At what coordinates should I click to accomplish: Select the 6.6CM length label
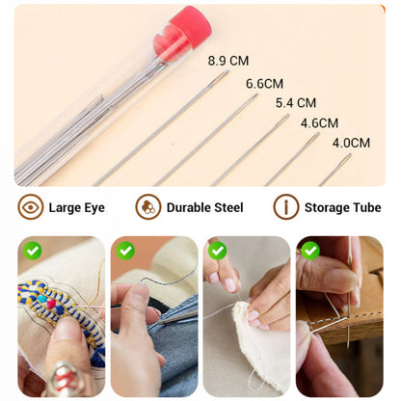264,84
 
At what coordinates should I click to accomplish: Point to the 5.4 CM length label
296,102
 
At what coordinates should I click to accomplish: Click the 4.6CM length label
319,122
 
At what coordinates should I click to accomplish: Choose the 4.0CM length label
351,143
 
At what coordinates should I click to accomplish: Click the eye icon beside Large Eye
31,206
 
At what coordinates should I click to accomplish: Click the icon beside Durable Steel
147,206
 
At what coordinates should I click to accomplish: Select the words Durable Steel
204,207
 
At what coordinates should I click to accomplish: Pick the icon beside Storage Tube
286,206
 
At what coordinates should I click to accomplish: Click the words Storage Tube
342,207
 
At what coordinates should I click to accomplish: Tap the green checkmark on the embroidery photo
34,251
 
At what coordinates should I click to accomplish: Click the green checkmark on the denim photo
126,251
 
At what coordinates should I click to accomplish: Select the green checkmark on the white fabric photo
218,251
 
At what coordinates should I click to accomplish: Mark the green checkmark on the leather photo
309,251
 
